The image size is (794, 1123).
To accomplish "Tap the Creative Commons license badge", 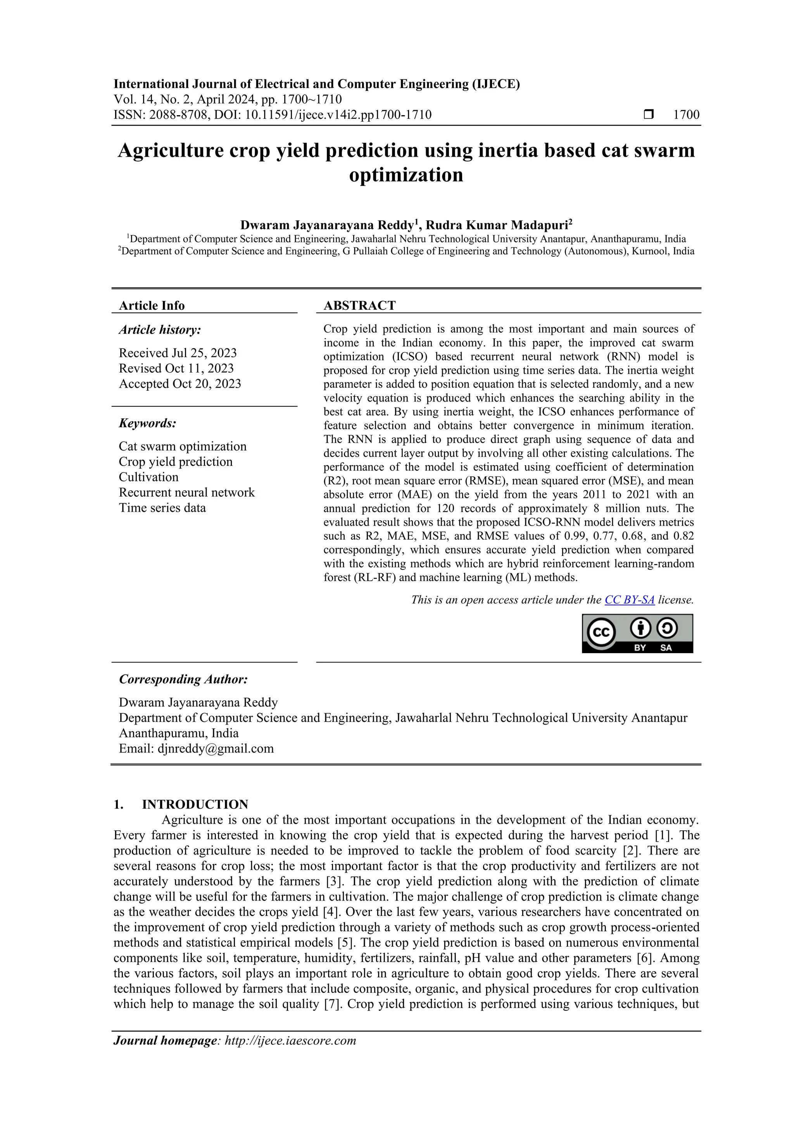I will tap(637, 633).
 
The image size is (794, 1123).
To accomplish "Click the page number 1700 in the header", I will tap(686, 115).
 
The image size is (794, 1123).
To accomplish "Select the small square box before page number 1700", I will tap(649, 115).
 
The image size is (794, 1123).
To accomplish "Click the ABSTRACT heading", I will tap(359, 306).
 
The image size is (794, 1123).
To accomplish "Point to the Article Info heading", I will tap(152, 306).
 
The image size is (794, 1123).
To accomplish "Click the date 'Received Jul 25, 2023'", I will tap(178, 353).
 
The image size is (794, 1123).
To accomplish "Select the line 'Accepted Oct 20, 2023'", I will tap(180, 384).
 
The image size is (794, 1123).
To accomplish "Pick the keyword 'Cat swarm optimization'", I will tap(183, 447).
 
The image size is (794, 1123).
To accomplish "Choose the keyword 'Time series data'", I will tap(162, 508).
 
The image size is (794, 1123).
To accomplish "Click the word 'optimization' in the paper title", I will tap(406, 175).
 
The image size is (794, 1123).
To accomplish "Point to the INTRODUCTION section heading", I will tap(195, 805).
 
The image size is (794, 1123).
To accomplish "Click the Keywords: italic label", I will tap(147, 423).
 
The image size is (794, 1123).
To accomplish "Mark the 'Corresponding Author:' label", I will tap(183, 680).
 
